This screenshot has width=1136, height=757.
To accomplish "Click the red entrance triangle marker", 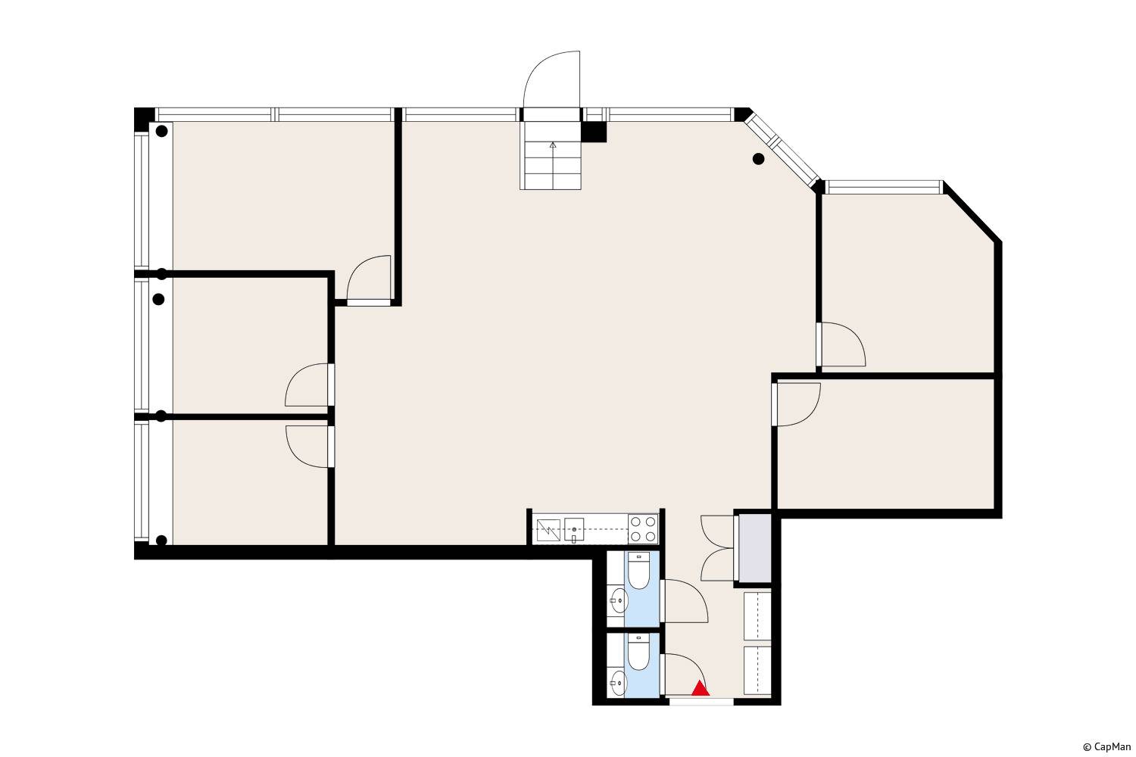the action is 701,689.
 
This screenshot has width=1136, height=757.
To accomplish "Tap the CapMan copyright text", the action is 1106,747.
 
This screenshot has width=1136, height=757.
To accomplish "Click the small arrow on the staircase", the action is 553,145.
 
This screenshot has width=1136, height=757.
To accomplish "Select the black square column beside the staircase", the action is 593,132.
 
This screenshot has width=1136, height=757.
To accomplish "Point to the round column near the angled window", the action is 758,159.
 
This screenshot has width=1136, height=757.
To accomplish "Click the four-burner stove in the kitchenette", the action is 643,529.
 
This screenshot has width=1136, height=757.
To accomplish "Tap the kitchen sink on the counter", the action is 574,530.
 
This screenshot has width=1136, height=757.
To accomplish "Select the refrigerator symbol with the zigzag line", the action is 548,530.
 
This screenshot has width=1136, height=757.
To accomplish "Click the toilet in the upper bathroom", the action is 638,571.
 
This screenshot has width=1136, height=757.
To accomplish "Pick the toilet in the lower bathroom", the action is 638,652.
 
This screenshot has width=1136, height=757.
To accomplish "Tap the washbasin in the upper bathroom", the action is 618,601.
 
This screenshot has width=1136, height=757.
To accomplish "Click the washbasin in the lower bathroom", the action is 618,683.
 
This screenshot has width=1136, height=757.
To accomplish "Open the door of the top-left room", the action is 369,280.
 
